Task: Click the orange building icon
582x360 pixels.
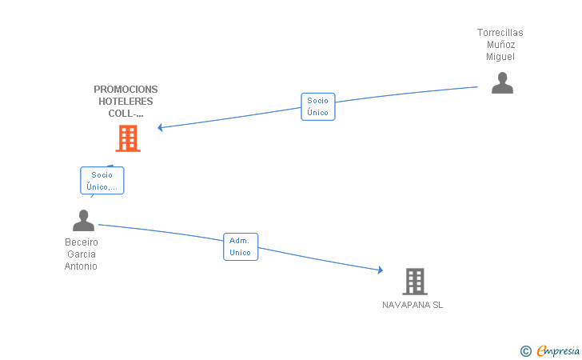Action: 128,139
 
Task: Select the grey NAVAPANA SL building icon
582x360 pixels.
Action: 414,282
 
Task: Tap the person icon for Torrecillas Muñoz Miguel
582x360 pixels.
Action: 502,83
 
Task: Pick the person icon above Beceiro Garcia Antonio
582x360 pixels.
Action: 83,221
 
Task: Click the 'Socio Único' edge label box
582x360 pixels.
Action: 317,106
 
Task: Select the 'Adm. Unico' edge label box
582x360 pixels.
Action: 240,246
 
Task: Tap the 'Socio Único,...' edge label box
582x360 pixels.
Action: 102,181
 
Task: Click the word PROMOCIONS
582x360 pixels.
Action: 126,90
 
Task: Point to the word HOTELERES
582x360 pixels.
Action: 126,102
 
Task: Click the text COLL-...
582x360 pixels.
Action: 126,114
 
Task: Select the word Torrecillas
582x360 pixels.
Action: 500,33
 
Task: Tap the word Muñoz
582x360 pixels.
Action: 500,45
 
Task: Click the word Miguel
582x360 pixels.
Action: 500,57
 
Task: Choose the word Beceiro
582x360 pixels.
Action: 82,242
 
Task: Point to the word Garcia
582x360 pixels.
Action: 82,254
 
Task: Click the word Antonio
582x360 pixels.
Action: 82,266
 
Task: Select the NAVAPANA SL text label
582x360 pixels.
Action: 413,306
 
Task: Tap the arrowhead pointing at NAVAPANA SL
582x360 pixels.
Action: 380,270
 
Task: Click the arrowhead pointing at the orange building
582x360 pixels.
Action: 161,127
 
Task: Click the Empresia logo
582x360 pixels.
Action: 557,350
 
